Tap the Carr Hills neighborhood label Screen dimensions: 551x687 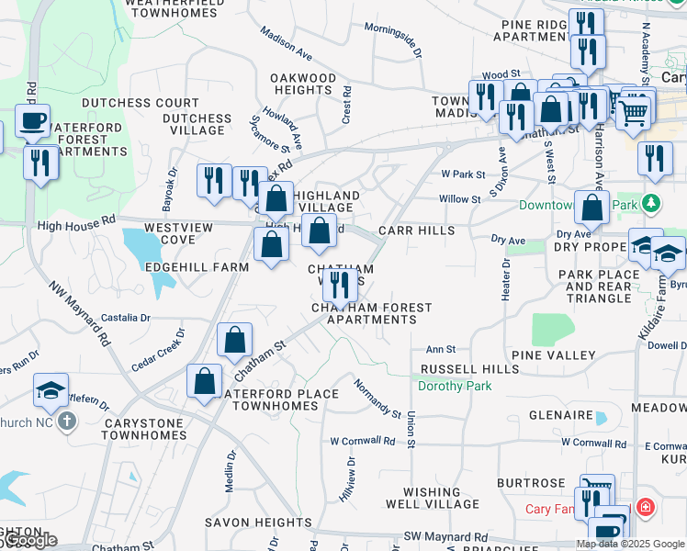point(418,231)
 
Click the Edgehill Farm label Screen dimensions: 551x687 point(197,267)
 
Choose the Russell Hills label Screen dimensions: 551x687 point(469,369)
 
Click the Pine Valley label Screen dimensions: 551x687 point(547,354)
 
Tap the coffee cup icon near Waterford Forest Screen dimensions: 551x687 point(33,121)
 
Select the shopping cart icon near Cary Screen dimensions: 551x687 point(632,113)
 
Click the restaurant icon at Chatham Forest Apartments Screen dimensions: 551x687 point(340,285)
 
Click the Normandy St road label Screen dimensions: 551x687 point(377,399)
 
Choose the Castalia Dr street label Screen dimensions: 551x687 point(125,318)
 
